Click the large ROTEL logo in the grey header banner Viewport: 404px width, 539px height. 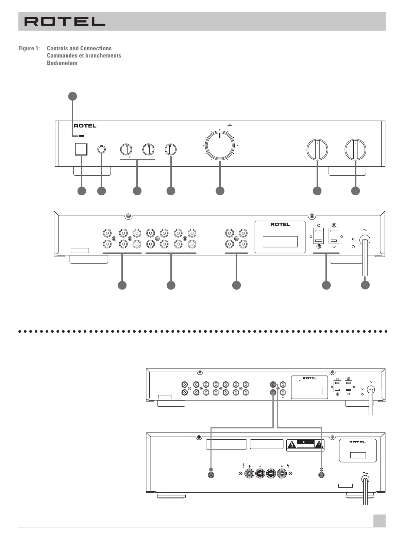(65, 22)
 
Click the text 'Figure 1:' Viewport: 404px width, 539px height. (29, 48)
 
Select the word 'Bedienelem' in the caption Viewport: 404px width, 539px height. (62, 63)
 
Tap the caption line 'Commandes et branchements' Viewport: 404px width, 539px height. (84, 55)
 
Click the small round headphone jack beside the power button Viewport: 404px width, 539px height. (101, 149)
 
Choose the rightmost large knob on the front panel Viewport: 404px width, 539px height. (355, 149)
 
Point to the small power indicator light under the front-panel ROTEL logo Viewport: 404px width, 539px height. (81, 136)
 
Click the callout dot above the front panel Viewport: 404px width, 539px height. (72, 96)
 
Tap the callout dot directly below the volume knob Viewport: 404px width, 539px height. (220, 191)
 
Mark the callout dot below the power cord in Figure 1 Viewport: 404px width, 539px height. (365, 285)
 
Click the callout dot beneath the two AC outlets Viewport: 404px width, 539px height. (326, 285)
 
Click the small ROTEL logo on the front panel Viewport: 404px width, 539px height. (85, 126)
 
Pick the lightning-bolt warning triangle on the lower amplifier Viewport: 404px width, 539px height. (292, 444)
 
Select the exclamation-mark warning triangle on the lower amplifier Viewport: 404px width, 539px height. (318, 444)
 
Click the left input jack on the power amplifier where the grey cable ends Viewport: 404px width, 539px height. (211, 474)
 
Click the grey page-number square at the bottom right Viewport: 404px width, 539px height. (379, 521)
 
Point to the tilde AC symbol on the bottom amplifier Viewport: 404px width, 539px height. (366, 472)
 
